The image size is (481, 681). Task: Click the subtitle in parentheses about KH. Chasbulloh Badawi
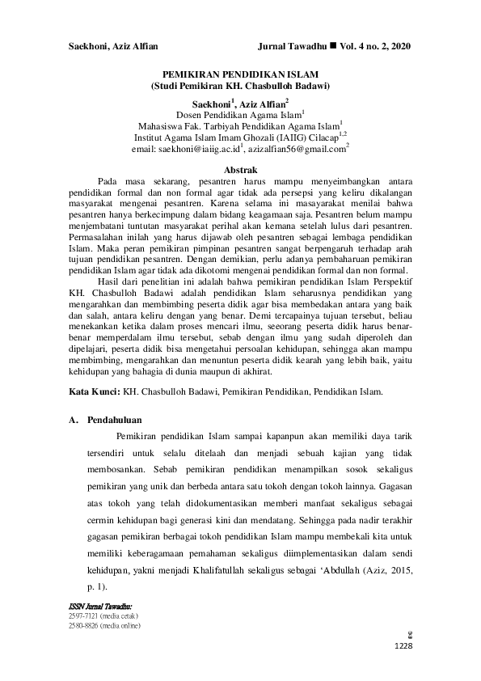click(x=239, y=84)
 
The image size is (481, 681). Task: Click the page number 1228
click(x=402, y=645)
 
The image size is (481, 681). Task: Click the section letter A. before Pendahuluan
click(x=72, y=421)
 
